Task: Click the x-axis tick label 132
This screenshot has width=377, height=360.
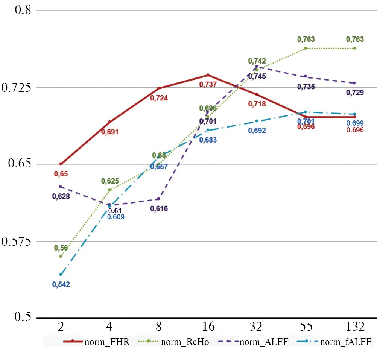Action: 354,326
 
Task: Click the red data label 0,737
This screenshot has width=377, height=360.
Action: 208,85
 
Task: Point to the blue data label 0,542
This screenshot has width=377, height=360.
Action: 61,284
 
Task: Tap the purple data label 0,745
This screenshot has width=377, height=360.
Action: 257,76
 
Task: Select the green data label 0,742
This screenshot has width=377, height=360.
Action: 257,61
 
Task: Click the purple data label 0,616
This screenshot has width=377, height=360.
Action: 159,209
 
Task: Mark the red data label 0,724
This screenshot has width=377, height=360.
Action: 159,98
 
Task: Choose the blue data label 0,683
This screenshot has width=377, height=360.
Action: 208,140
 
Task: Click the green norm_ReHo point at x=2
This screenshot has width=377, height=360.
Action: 60,256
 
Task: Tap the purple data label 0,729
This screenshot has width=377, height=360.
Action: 355,92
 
